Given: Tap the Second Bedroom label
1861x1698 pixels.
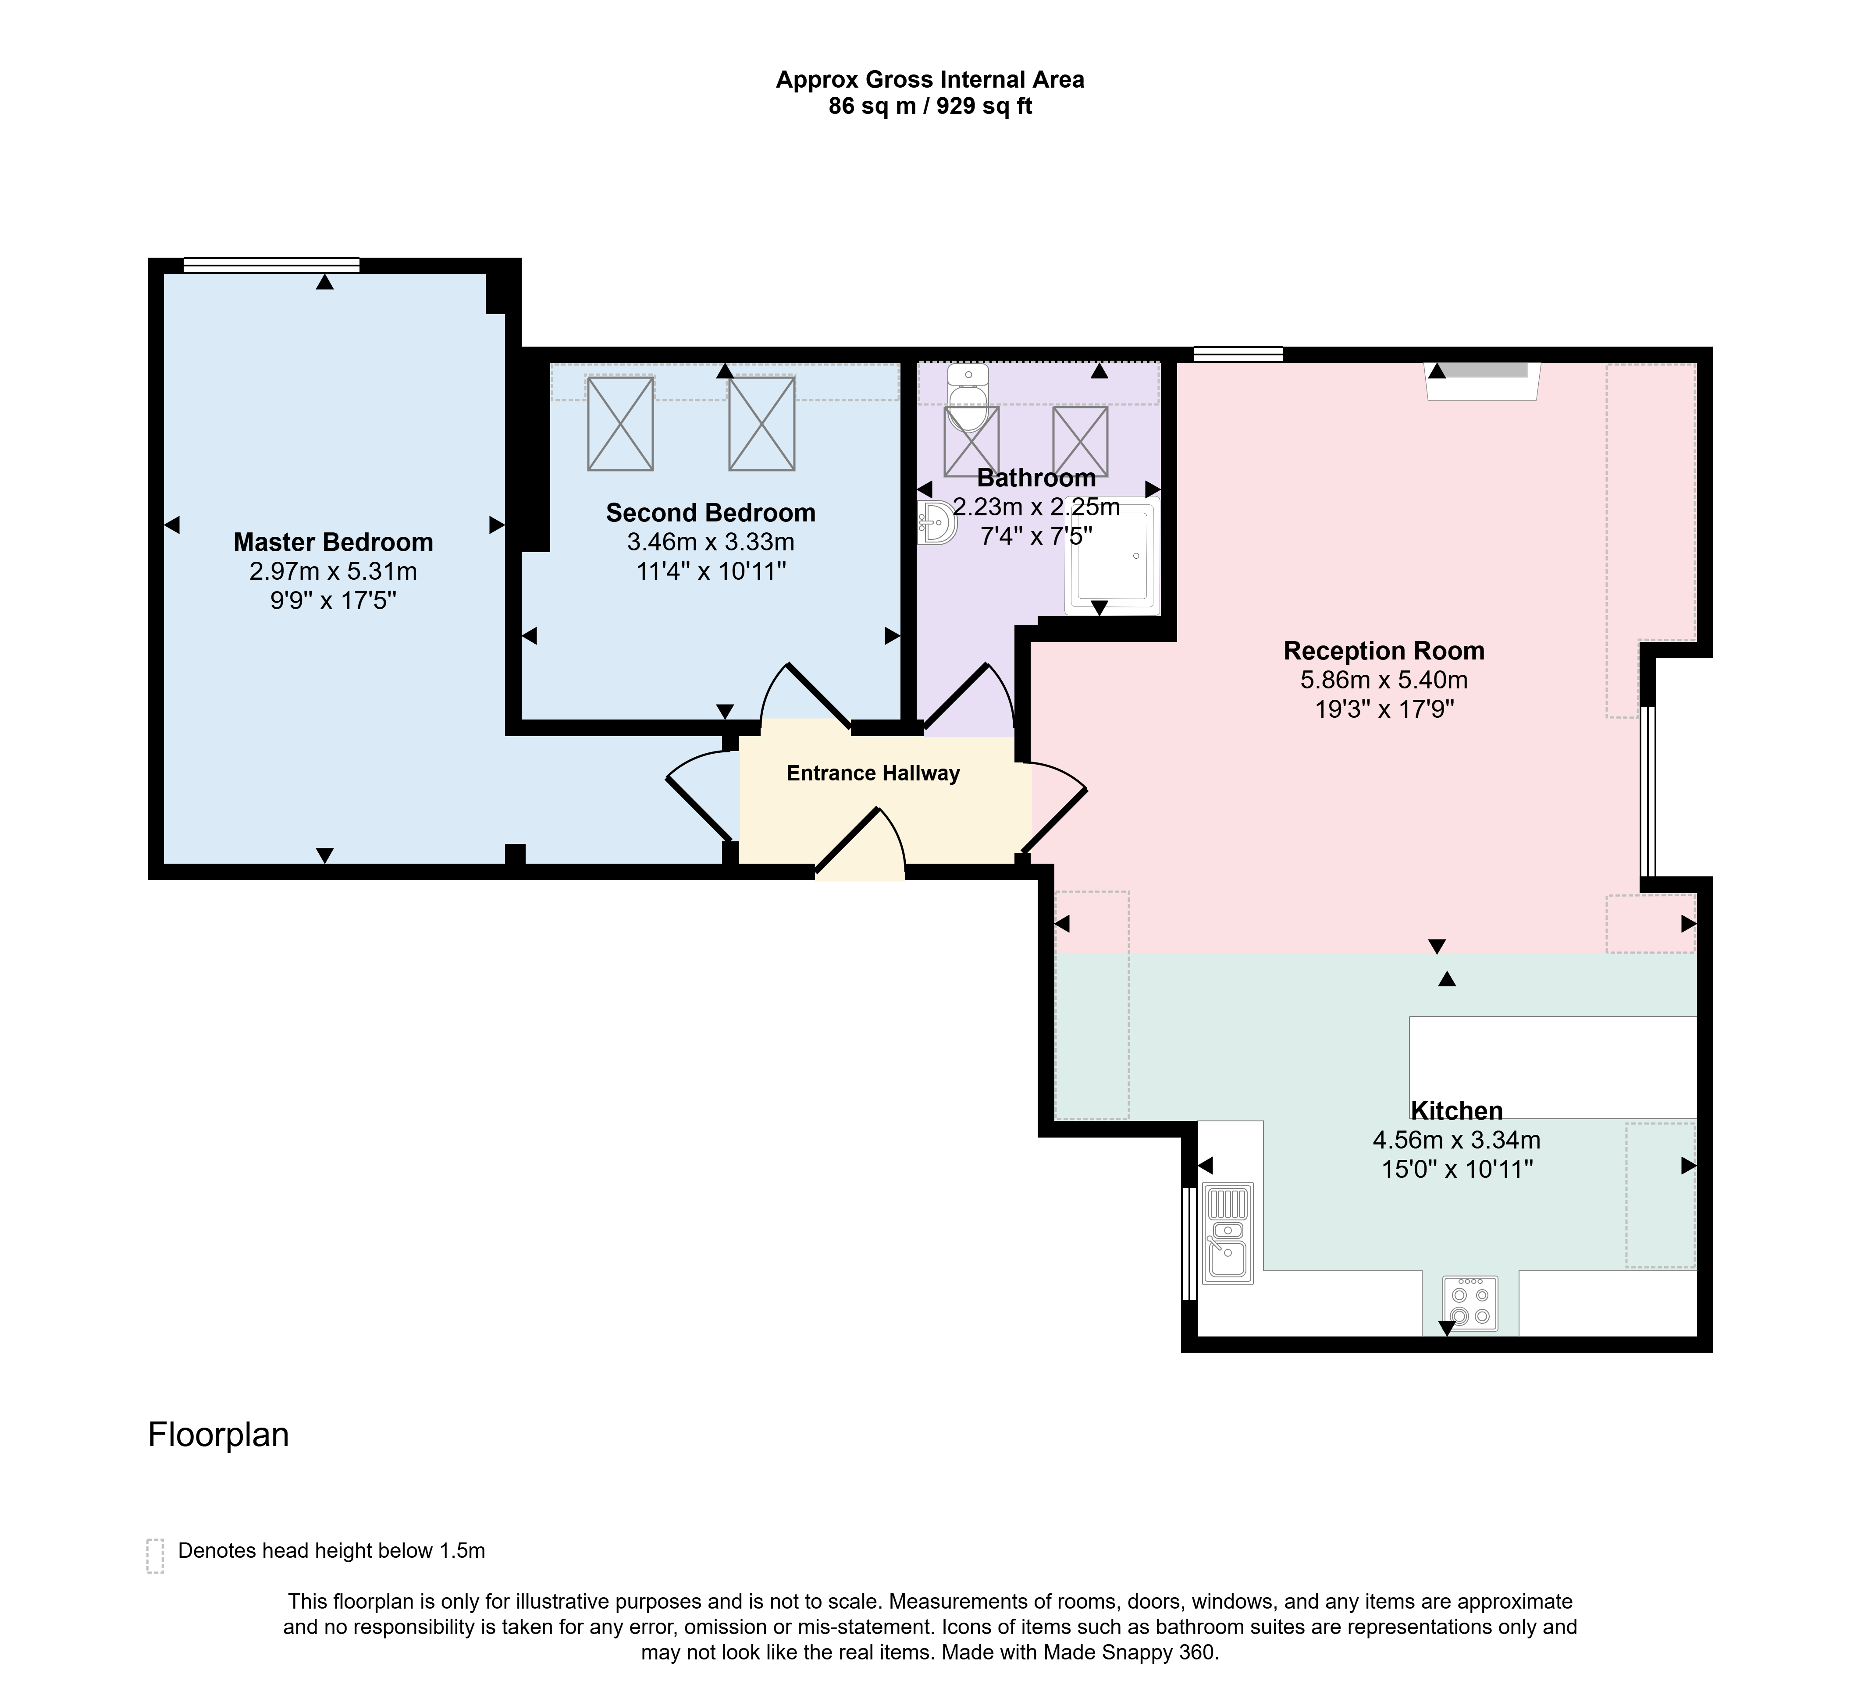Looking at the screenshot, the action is [x=711, y=513].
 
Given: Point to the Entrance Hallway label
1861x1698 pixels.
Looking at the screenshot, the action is [x=873, y=773].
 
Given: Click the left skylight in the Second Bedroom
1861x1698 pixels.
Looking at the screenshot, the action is [x=620, y=424].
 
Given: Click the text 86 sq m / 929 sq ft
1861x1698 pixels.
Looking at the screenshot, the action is [x=929, y=106].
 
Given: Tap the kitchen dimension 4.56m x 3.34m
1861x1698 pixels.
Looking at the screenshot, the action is [x=1457, y=1141].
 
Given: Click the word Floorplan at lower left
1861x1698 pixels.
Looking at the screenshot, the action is [x=219, y=1435].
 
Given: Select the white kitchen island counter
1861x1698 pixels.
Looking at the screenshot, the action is [x=1553, y=1068].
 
